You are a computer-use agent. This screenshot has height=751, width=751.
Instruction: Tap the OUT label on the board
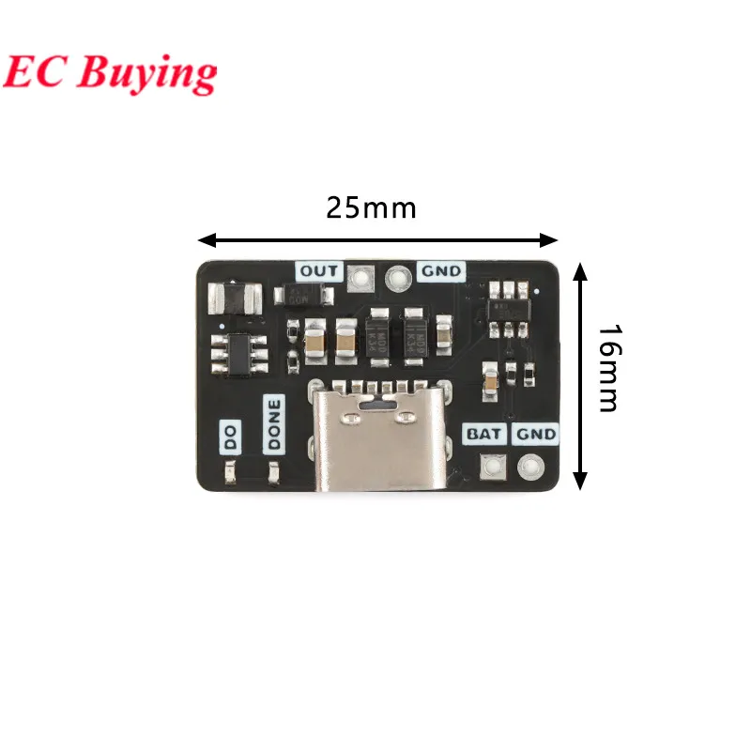coord(319,271)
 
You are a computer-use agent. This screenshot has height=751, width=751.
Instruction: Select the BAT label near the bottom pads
coord(485,435)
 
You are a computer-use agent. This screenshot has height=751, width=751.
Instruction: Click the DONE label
coord(274,424)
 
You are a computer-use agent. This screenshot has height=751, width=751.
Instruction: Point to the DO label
coord(229,437)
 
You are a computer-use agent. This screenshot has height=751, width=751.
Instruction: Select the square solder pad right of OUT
coord(360,276)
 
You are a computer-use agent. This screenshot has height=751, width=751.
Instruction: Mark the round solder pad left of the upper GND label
coord(399,276)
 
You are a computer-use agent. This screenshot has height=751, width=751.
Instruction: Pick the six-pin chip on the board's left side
coord(238,358)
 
